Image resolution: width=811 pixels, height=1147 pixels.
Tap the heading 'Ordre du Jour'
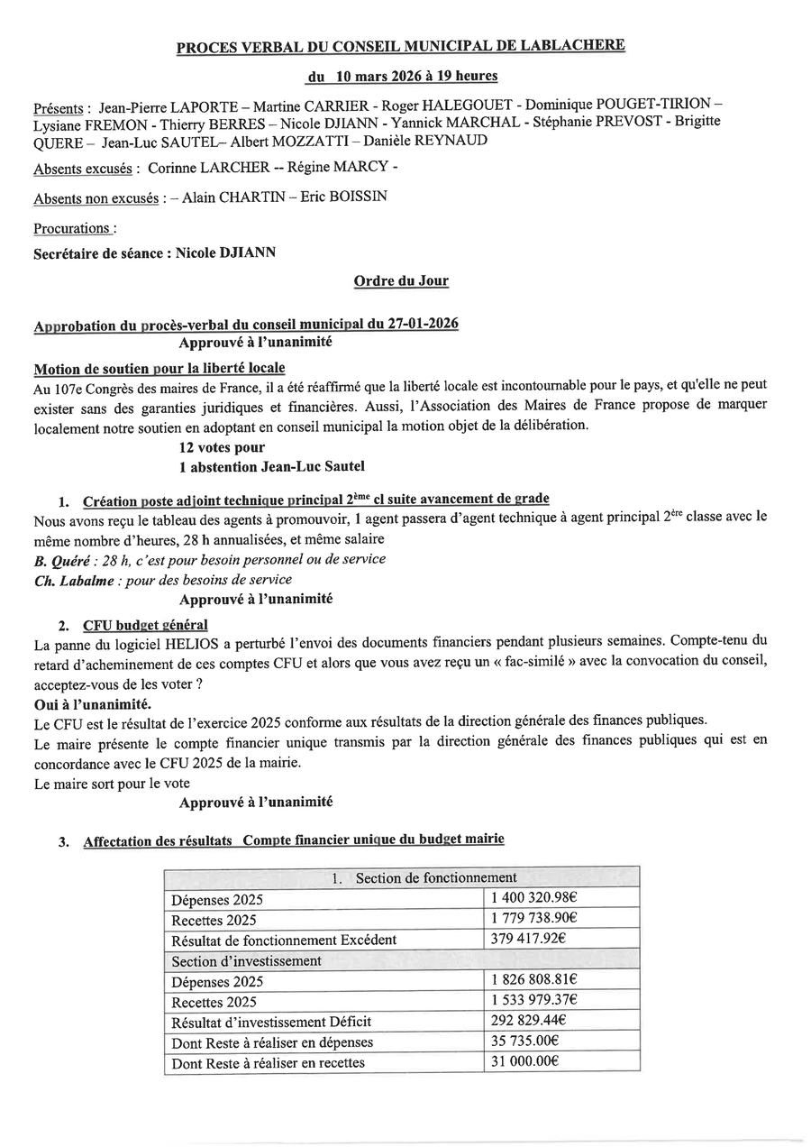coord(401,280)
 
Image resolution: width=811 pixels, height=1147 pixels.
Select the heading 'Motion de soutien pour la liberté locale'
coord(159,368)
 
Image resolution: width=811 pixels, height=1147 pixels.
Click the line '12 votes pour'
coord(222,447)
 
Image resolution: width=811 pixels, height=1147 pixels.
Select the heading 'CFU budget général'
coord(145,625)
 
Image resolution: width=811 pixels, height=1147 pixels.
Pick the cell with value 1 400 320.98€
coord(533,898)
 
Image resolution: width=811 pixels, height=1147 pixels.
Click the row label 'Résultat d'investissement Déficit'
coord(270,1023)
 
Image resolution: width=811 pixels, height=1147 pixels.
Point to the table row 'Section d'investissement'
coord(246,960)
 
